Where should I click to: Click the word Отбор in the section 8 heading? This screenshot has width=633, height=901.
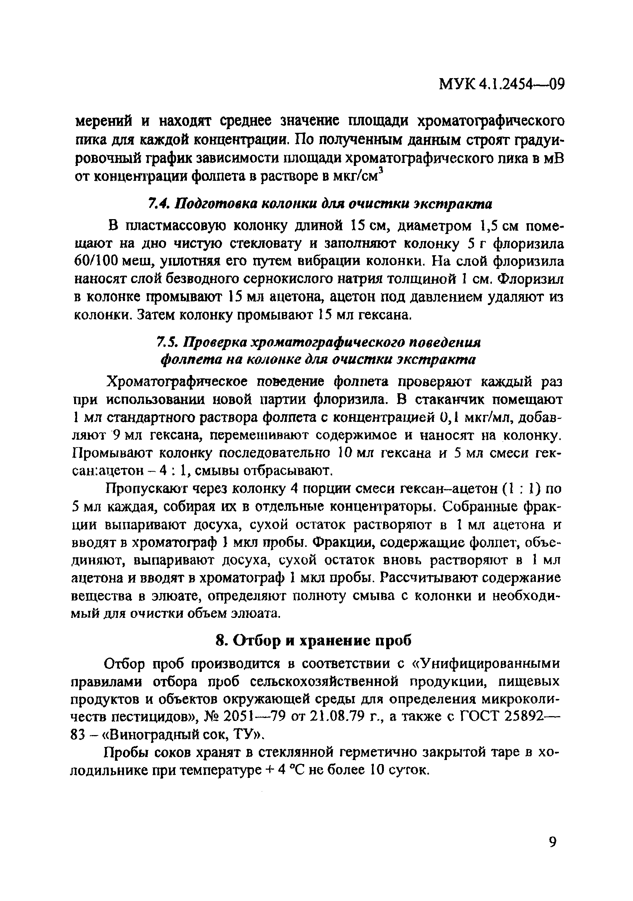[x=257, y=652]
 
